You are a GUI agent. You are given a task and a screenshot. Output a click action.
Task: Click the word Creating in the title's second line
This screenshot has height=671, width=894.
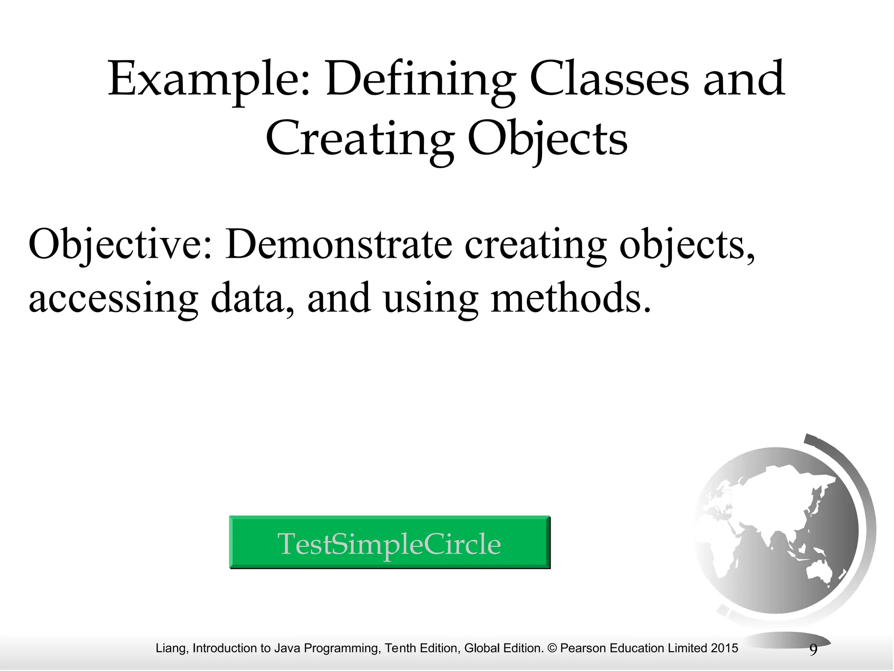tap(358, 139)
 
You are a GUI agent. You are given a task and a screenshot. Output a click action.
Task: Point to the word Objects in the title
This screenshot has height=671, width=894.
tap(547, 139)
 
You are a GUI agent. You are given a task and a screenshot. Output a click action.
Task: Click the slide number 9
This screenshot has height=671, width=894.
tap(813, 650)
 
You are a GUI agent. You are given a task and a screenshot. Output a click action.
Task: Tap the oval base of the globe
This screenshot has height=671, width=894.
tap(790, 640)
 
